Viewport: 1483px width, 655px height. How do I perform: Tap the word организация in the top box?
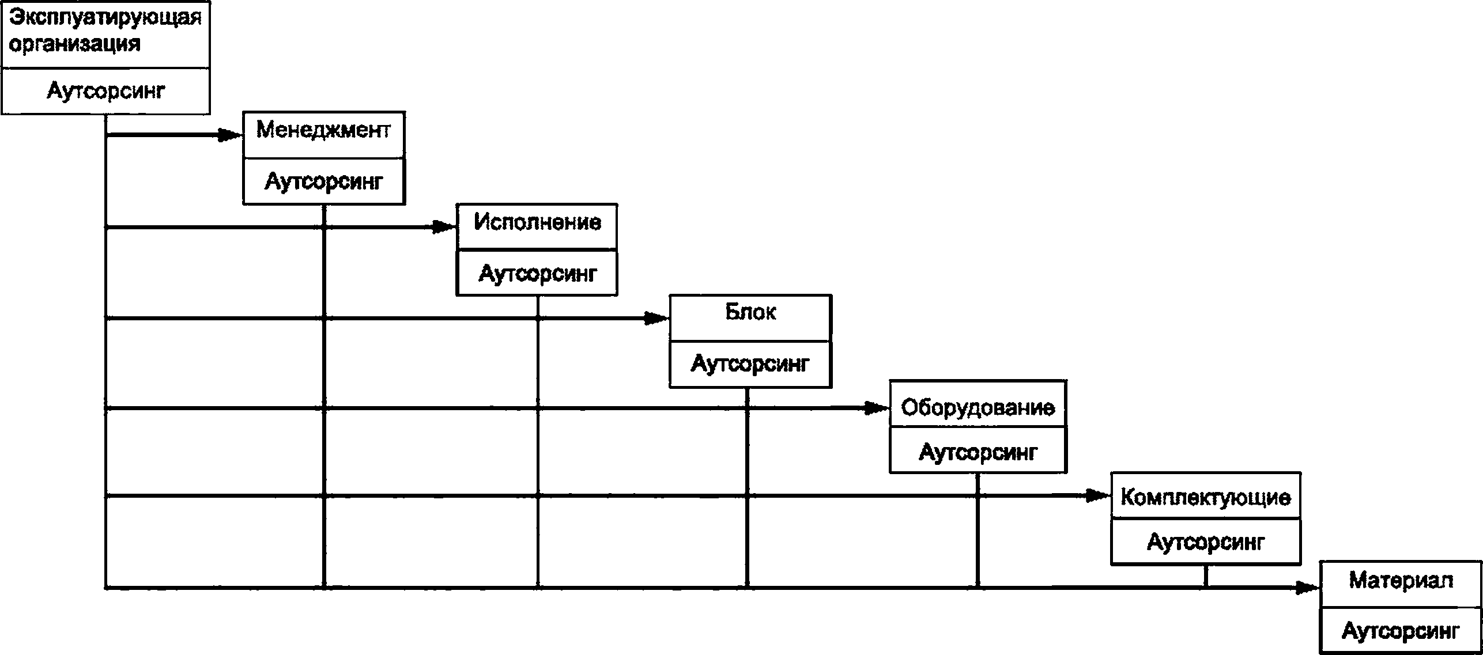pyautogui.click(x=75, y=44)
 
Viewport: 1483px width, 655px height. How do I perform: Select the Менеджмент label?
pyautogui.click(x=323, y=130)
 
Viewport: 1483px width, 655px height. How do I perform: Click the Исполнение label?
pyautogui.click(x=537, y=222)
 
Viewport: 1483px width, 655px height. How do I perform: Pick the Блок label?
pyautogui.click(x=750, y=312)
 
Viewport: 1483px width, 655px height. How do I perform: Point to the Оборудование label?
pyautogui.click(x=978, y=408)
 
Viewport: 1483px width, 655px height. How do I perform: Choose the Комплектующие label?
pyautogui.click(x=1206, y=497)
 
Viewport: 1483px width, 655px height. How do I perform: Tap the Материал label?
pyautogui.click(x=1401, y=581)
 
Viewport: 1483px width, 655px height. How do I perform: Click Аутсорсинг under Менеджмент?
pyautogui.click(x=324, y=182)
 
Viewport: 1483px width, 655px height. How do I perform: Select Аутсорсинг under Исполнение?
pyautogui.click(x=538, y=274)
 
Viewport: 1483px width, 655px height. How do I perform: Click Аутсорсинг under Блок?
pyautogui.click(x=750, y=364)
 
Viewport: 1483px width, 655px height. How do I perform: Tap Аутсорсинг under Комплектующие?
pyautogui.click(x=1206, y=542)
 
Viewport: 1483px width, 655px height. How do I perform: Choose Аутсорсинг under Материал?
pyautogui.click(x=1401, y=631)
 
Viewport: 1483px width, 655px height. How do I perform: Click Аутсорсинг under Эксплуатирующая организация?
pyautogui.click(x=106, y=91)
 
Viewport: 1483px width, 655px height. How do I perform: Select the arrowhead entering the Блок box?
pyautogui.click(x=658, y=318)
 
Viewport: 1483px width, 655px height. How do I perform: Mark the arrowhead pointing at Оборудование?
pyautogui.click(x=878, y=408)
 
